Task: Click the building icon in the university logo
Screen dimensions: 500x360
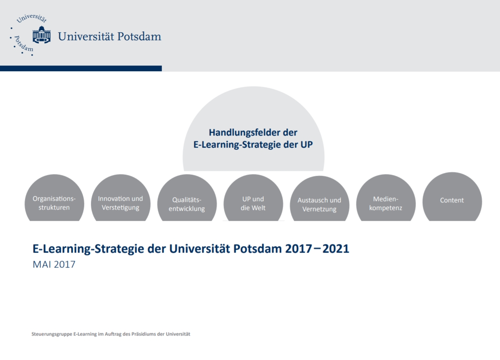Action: point(41,35)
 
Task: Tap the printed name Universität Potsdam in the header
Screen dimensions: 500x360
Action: point(109,36)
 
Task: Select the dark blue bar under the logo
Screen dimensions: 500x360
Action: point(81,68)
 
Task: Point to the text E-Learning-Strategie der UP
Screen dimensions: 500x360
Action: point(253,145)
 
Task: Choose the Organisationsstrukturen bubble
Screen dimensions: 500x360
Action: point(54,198)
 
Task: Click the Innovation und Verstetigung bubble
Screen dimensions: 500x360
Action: point(121,198)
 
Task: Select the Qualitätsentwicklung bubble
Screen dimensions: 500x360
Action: point(187,198)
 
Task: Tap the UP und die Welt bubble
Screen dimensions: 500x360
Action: point(253,198)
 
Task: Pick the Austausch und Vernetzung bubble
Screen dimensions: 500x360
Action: point(319,199)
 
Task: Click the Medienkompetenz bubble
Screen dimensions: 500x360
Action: point(386,198)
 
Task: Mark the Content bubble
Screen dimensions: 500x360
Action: point(452,197)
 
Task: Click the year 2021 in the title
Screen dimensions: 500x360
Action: point(336,249)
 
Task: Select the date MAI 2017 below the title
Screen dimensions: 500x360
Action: point(54,265)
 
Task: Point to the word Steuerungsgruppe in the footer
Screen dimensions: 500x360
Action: point(52,334)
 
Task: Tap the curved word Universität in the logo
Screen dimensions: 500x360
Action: point(32,18)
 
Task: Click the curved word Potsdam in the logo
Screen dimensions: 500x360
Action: point(23,44)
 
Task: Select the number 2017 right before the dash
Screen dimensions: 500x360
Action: point(298,249)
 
